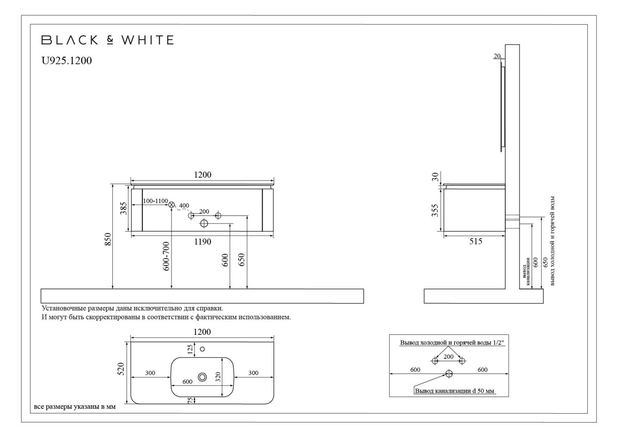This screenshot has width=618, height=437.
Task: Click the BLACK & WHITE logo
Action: coord(107,40)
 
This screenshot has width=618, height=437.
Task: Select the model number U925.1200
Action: coord(67,61)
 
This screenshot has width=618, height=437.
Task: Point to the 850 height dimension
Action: coord(108,240)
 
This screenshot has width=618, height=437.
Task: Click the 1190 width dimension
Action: coord(202,241)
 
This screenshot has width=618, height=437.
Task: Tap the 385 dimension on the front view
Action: coord(124,208)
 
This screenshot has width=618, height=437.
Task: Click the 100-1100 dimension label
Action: coord(155,201)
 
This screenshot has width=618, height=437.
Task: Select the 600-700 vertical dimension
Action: coord(166,256)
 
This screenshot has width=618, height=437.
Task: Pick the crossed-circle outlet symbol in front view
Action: coord(172,205)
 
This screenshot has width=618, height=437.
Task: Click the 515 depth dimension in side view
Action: coord(476,241)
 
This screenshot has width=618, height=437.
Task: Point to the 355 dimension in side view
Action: coord(435,210)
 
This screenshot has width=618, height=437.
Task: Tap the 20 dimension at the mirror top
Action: coord(497,56)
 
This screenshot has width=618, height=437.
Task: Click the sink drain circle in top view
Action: coord(202,377)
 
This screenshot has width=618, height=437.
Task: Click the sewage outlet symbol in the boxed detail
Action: coord(449,374)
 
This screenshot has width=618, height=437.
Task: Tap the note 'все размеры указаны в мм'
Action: coord(75,407)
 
